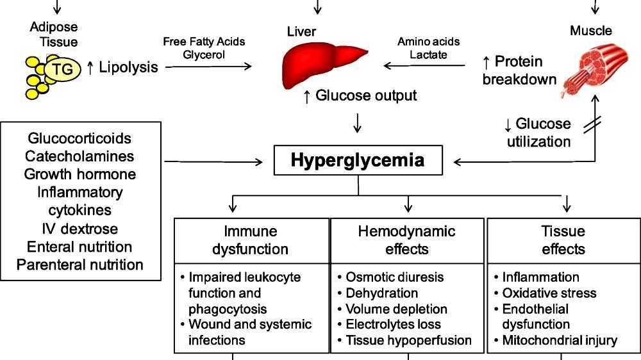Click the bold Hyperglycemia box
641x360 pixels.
click(x=358, y=160)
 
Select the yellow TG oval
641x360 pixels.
click(x=62, y=69)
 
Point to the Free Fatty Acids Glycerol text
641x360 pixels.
click(x=204, y=48)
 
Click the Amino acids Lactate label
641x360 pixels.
click(x=428, y=48)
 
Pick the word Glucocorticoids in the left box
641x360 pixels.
click(x=79, y=138)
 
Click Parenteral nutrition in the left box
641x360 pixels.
click(x=79, y=265)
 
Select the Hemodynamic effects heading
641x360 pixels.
click(x=407, y=240)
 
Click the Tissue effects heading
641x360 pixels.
click(x=563, y=240)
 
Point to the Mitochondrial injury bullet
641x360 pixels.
click(x=559, y=340)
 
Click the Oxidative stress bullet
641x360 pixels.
click(x=549, y=293)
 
